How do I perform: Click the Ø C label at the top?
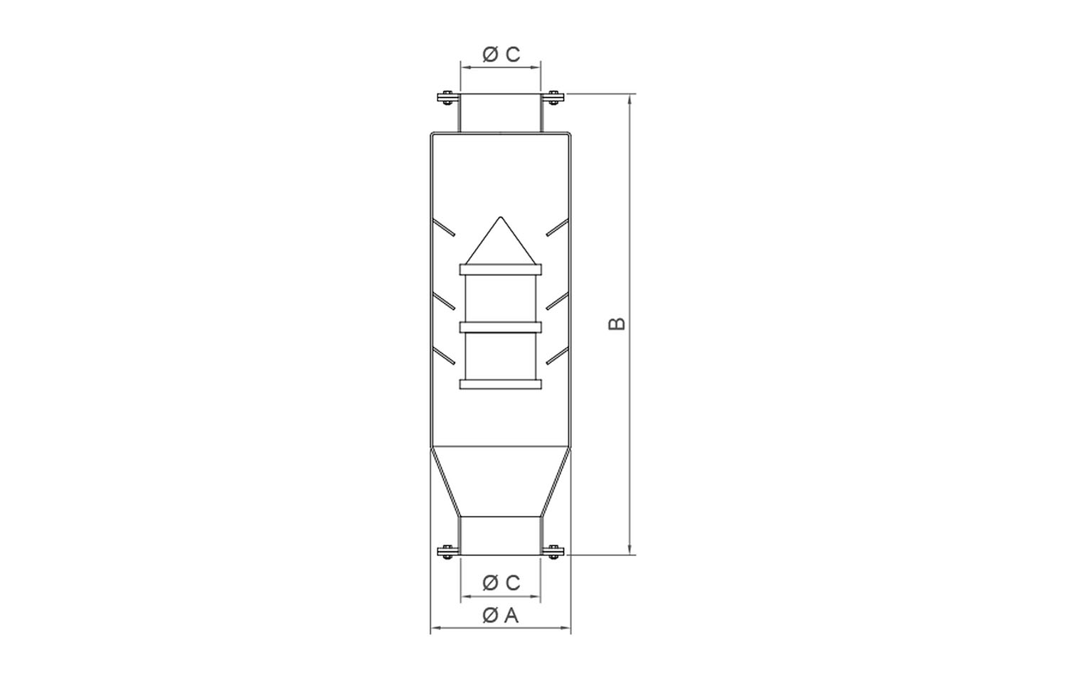[x=501, y=55]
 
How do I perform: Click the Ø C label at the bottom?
[x=501, y=582]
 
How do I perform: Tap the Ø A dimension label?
[x=500, y=616]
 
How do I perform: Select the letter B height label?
[x=617, y=323]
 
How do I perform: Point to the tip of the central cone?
[x=500, y=217]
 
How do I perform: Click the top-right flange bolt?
[x=553, y=97]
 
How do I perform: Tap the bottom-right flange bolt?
[x=553, y=552]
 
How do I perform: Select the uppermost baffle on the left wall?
[x=443, y=228]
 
